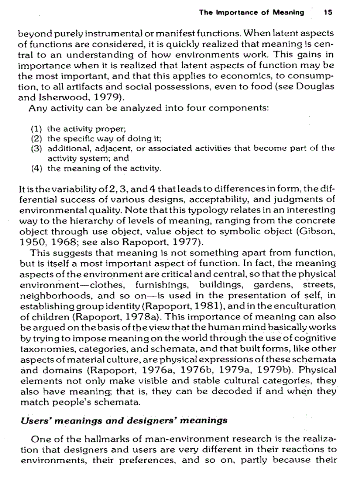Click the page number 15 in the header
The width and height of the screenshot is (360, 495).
click(x=327, y=13)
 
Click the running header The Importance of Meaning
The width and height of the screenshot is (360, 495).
click(x=251, y=13)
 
